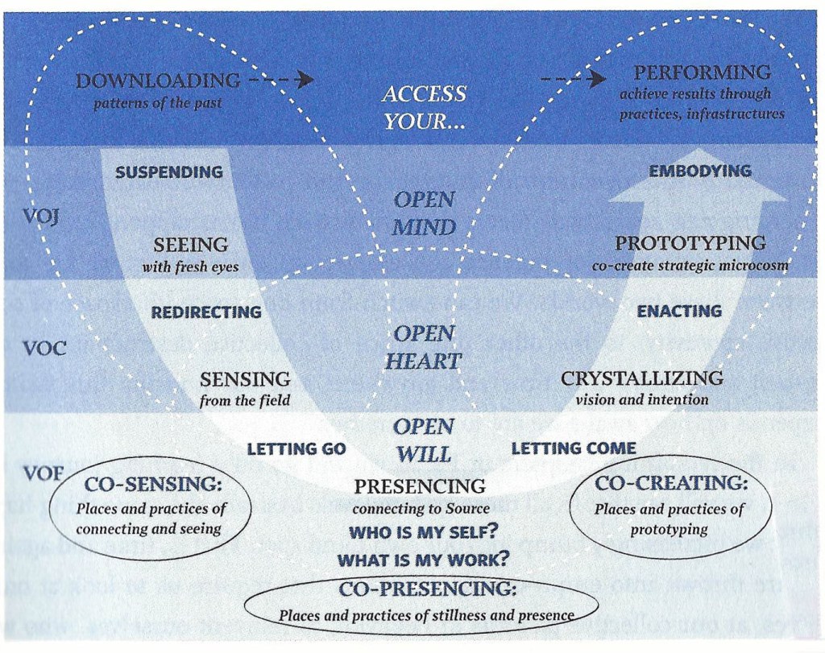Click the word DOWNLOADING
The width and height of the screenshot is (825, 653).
(x=157, y=81)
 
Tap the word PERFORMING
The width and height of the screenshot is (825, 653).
(x=702, y=72)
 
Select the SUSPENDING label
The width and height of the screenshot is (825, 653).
(x=169, y=172)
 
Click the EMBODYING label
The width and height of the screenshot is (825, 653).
(x=699, y=171)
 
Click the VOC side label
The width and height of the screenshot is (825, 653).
(x=44, y=349)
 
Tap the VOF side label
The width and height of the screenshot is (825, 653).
(x=43, y=473)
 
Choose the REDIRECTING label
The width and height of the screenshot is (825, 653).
(x=206, y=312)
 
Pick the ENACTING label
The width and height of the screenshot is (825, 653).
(x=679, y=311)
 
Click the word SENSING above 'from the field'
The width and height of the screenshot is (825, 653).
(x=245, y=379)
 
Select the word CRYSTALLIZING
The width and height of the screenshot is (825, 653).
(x=641, y=378)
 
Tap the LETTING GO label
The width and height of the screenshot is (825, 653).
(x=296, y=448)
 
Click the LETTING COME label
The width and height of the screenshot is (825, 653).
(x=574, y=448)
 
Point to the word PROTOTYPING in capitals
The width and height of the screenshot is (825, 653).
(x=690, y=243)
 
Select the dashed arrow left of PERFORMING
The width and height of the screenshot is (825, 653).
(x=573, y=79)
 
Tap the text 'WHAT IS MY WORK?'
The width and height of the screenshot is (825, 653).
(x=422, y=560)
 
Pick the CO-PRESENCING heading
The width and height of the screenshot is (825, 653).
(x=427, y=589)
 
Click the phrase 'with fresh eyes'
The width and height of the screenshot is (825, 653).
(x=191, y=267)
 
